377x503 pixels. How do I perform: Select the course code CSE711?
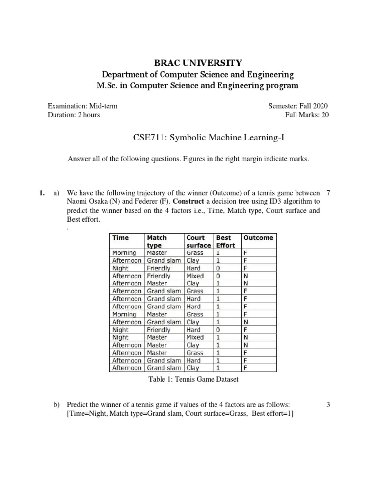[148, 138]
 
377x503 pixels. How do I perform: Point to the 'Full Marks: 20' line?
[306, 115]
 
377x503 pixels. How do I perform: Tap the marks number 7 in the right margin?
[328, 193]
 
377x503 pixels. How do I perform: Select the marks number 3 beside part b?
[328, 404]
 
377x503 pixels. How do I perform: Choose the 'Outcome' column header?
[258, 238]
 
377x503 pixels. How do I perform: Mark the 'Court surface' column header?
[198, 241]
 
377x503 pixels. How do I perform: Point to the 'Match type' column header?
[157, 241]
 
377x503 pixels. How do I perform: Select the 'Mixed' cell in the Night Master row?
[195, 337]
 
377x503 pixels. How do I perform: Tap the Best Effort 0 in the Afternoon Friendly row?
[218, 276]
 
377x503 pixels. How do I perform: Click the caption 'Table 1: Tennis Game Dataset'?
[192, 379]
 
